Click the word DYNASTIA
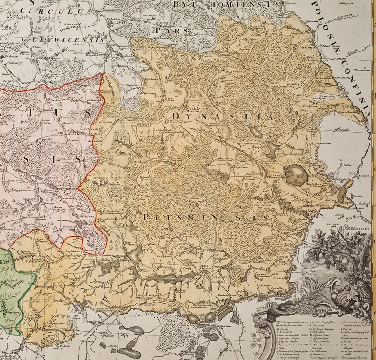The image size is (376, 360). coord(222,116)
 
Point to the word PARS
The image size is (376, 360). coord(172,29)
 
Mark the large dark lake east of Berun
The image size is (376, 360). coord(298,173)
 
